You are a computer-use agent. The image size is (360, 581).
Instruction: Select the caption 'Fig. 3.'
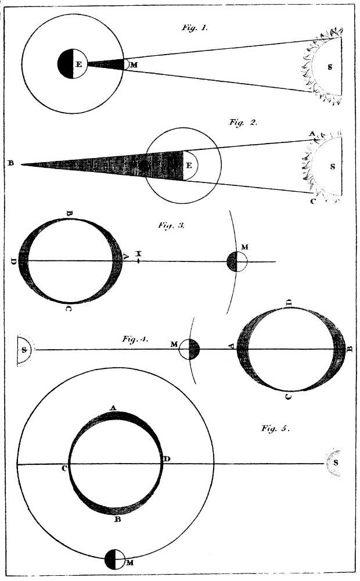(x=171, y=225)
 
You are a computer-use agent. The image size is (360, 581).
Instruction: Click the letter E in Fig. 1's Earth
(x=78, y=64)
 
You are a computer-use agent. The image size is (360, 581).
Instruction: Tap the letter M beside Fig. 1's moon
(x=134, y=64)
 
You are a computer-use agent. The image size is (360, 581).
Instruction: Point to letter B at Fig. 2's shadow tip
(x=10, y=163)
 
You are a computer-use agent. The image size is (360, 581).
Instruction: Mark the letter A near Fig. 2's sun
(x=311, y=134)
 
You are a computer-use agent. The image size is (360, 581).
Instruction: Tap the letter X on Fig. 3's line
(x=139, y=254)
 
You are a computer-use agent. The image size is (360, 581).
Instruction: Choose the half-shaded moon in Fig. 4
(x=189, y=350)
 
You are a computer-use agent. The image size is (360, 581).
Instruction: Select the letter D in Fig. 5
(x=167, y=459)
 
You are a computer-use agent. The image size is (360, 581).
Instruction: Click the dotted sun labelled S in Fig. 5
(x=333, y=463)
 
